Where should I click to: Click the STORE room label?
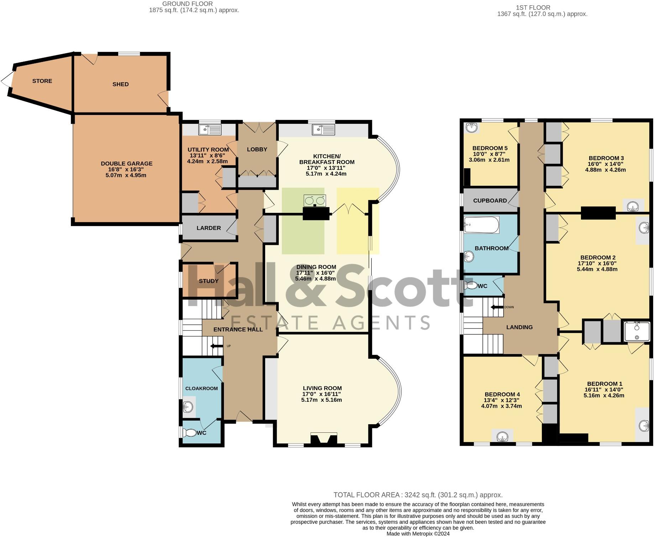point(42,81)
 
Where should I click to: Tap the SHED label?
point(120,84)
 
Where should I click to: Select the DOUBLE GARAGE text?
point(126,164)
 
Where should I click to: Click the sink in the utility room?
point(210,130)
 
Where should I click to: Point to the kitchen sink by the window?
point(324,130)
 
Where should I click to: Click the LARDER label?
point(209,228)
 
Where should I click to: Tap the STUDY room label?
point(209,281)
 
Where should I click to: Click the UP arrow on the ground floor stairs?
point(215,346)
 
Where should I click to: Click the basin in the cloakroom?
point(188,406)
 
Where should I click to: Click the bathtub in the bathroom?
point(481,225)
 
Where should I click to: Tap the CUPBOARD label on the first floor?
point(490,201)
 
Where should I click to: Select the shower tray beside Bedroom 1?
point(637,331)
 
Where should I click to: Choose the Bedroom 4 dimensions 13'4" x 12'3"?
point(502,400)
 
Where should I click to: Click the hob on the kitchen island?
point(315,201)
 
